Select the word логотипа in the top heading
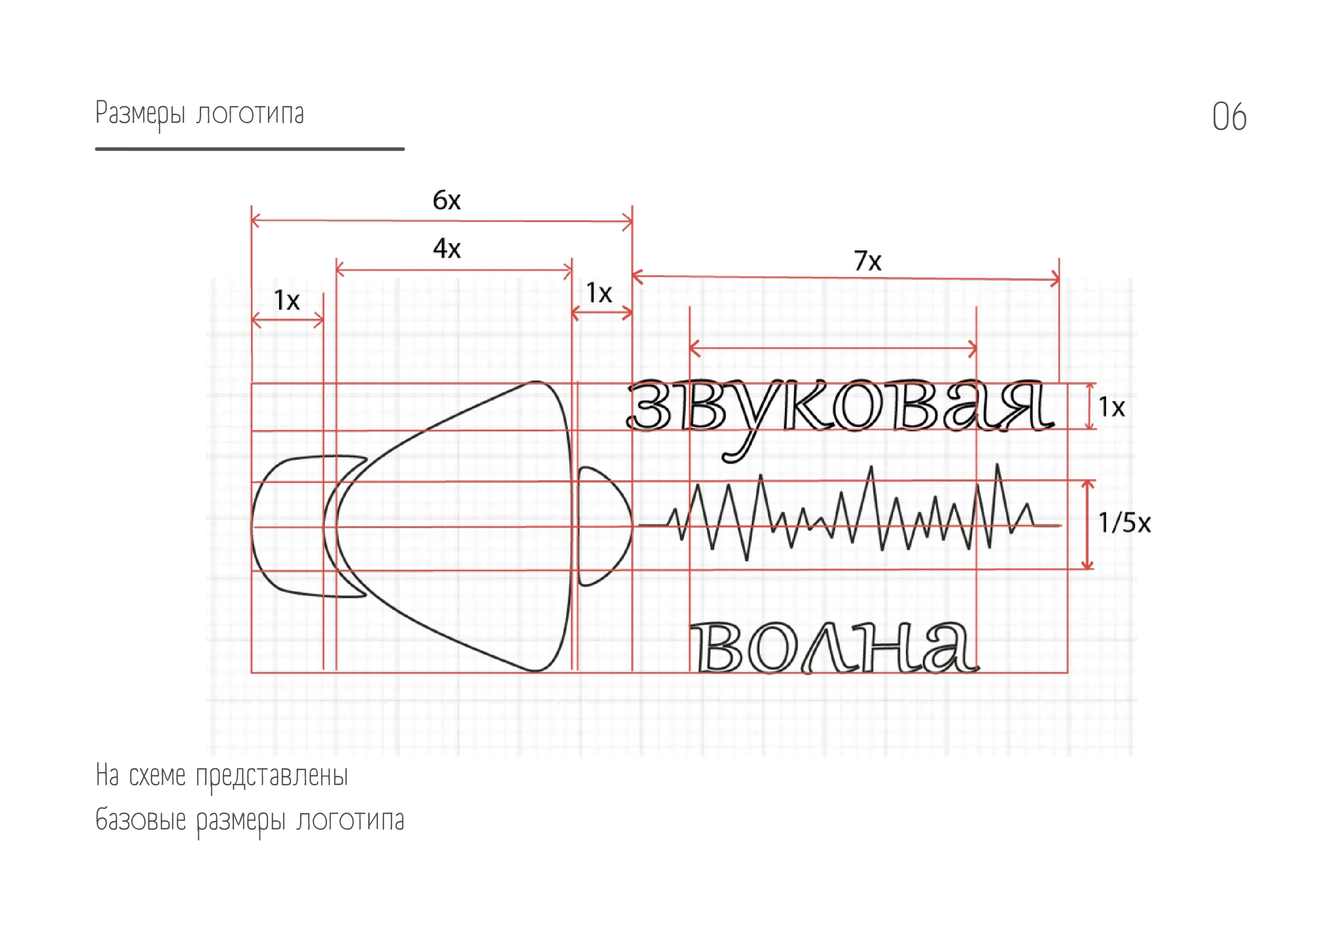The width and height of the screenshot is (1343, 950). (x=250, y=113)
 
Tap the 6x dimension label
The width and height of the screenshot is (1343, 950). (x=446, y=200)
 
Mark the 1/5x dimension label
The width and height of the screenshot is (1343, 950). (x=1124, y=522)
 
